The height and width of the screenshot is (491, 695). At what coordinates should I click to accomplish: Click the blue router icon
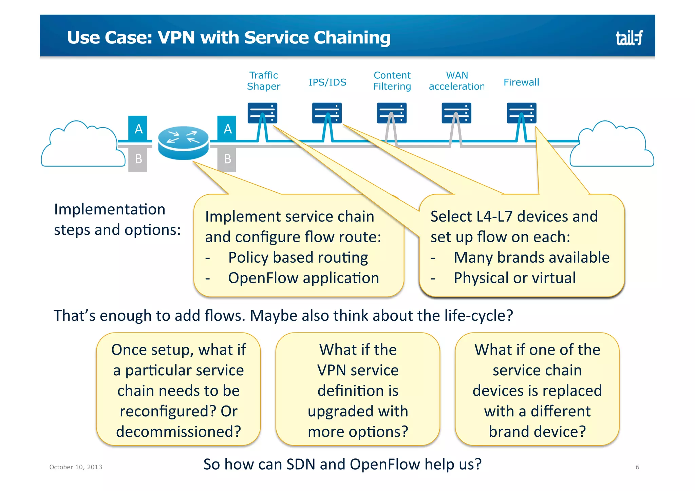183,143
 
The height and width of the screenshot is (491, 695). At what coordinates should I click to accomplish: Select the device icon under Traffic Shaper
262,113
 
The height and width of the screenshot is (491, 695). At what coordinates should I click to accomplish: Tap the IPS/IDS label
327,82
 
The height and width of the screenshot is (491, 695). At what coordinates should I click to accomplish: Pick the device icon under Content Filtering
392,113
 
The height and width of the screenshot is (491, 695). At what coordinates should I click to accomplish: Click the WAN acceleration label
456,81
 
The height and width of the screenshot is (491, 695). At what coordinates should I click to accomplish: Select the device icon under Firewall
521,113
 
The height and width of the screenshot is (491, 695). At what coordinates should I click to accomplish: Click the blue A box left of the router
138,129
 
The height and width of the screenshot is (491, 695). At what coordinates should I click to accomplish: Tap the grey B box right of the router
227,159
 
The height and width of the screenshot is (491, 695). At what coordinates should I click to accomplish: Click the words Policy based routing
298,258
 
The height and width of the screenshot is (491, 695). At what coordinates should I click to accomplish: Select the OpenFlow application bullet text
303,278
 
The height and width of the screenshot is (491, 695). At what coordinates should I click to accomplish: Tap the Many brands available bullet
531,258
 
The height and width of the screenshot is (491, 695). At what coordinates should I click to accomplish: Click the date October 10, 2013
76,467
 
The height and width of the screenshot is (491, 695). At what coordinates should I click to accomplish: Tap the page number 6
637,467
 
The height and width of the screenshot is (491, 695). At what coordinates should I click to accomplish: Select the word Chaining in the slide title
352,38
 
